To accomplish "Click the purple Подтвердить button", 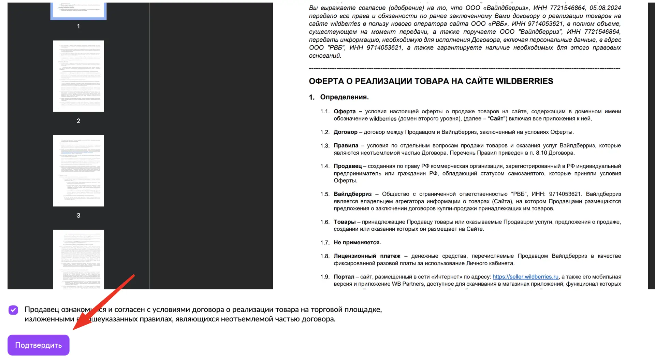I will coord(38,345).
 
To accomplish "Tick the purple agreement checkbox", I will coord(13,310).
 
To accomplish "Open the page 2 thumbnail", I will coord(78,76).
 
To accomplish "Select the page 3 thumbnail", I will coord(78,171).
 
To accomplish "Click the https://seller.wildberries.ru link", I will coord(525,277).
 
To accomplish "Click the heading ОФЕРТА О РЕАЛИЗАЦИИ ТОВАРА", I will coord(431,81).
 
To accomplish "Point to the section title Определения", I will coord(344,97).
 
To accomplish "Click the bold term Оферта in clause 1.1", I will coord(345,112).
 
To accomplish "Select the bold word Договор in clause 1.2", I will coord(345,132).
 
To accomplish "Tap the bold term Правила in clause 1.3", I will coord(346,146).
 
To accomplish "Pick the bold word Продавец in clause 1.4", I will coord(348,166).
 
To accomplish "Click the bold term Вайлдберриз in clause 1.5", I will coord(352,194).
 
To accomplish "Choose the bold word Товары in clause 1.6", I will coord(345,222).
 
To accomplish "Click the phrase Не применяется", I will coord(357,243).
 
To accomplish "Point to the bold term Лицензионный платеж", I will coord(367,256).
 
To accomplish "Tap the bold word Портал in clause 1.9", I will coord(344,277).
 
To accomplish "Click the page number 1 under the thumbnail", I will coord(78,26).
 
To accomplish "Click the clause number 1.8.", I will coord(325,256).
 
